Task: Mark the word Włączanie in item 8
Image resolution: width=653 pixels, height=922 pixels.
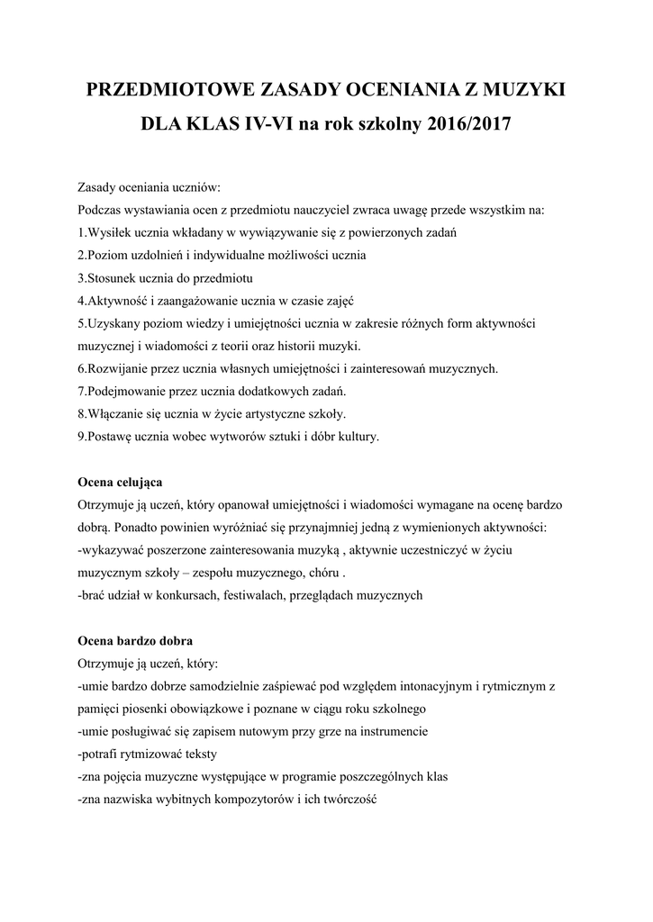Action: click(111, 415)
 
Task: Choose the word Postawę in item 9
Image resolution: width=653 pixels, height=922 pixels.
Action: click(107, 438)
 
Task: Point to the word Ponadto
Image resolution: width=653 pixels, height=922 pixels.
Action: click(141, 527)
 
